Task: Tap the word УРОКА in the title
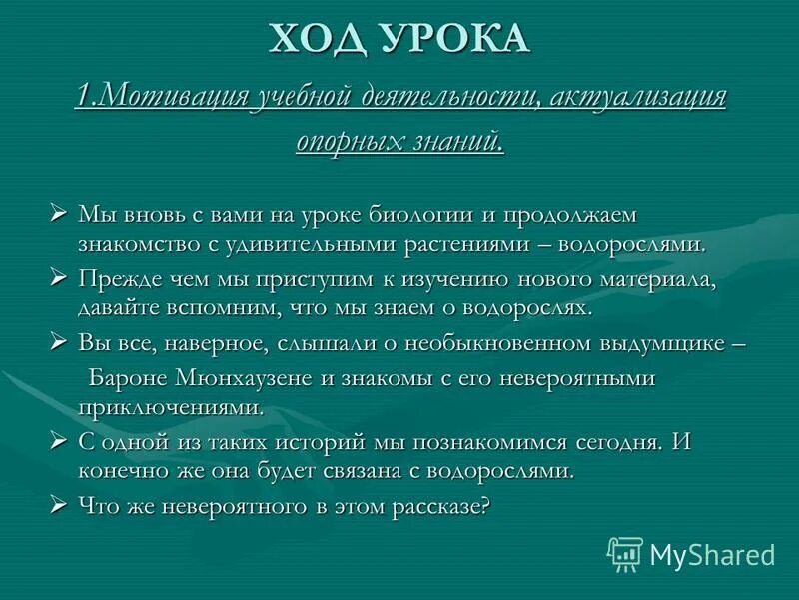(x=454, y=40)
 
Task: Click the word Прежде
(x=118, y=279)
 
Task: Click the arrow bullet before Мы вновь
(x=59, y=215)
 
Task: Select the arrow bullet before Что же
(x=59, y=506)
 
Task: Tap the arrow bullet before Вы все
(x=59, y=343)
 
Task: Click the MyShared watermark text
(x=711, y=553)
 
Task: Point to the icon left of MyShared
(x=625, y=552)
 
